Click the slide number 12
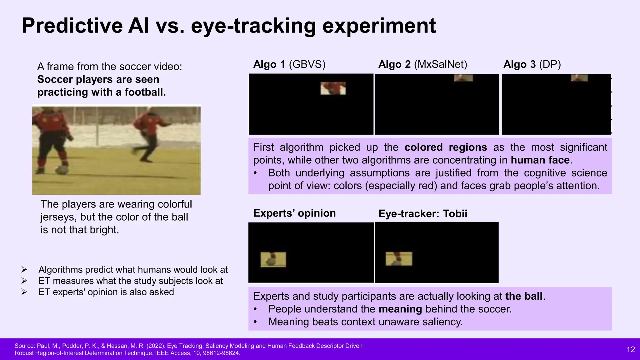(x=631, y=349)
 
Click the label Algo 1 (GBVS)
(x=289, y=64)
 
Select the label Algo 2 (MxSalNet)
(x=422, y=64)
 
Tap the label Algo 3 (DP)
(x=532, y=64)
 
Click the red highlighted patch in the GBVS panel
(x=333, y=88)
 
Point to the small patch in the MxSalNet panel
(x=463, y=78)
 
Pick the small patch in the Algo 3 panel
(x=579, y=78)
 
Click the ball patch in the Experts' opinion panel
(x=273, y=260)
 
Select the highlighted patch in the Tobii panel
(x=399, y=259)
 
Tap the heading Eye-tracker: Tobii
(x=422, y=214)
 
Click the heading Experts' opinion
(x=294, y=213)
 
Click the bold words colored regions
(x=446, y=147)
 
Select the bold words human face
(x=540, y=160)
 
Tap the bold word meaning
(x=400, y=309)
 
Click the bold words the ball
(x=524, y=296)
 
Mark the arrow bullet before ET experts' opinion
(x=24, y=292)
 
